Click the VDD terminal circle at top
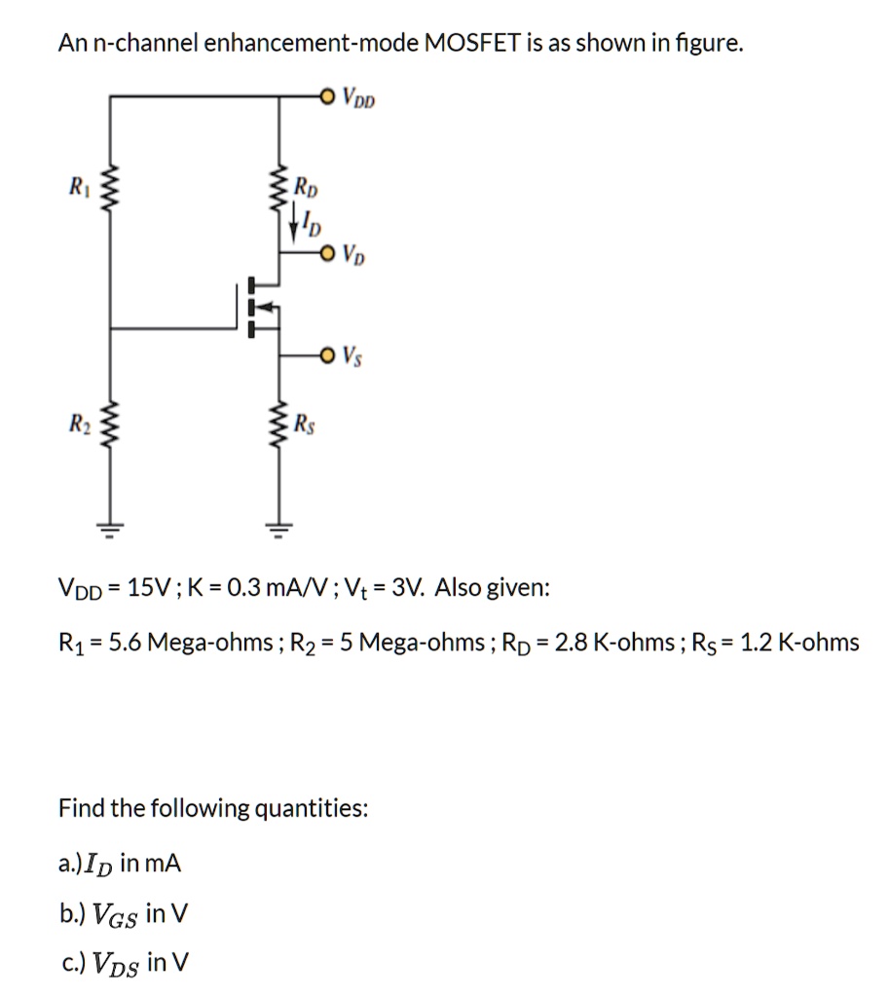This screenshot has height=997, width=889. tap(327, 95)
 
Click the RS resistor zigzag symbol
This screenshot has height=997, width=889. tap(282, 425)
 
